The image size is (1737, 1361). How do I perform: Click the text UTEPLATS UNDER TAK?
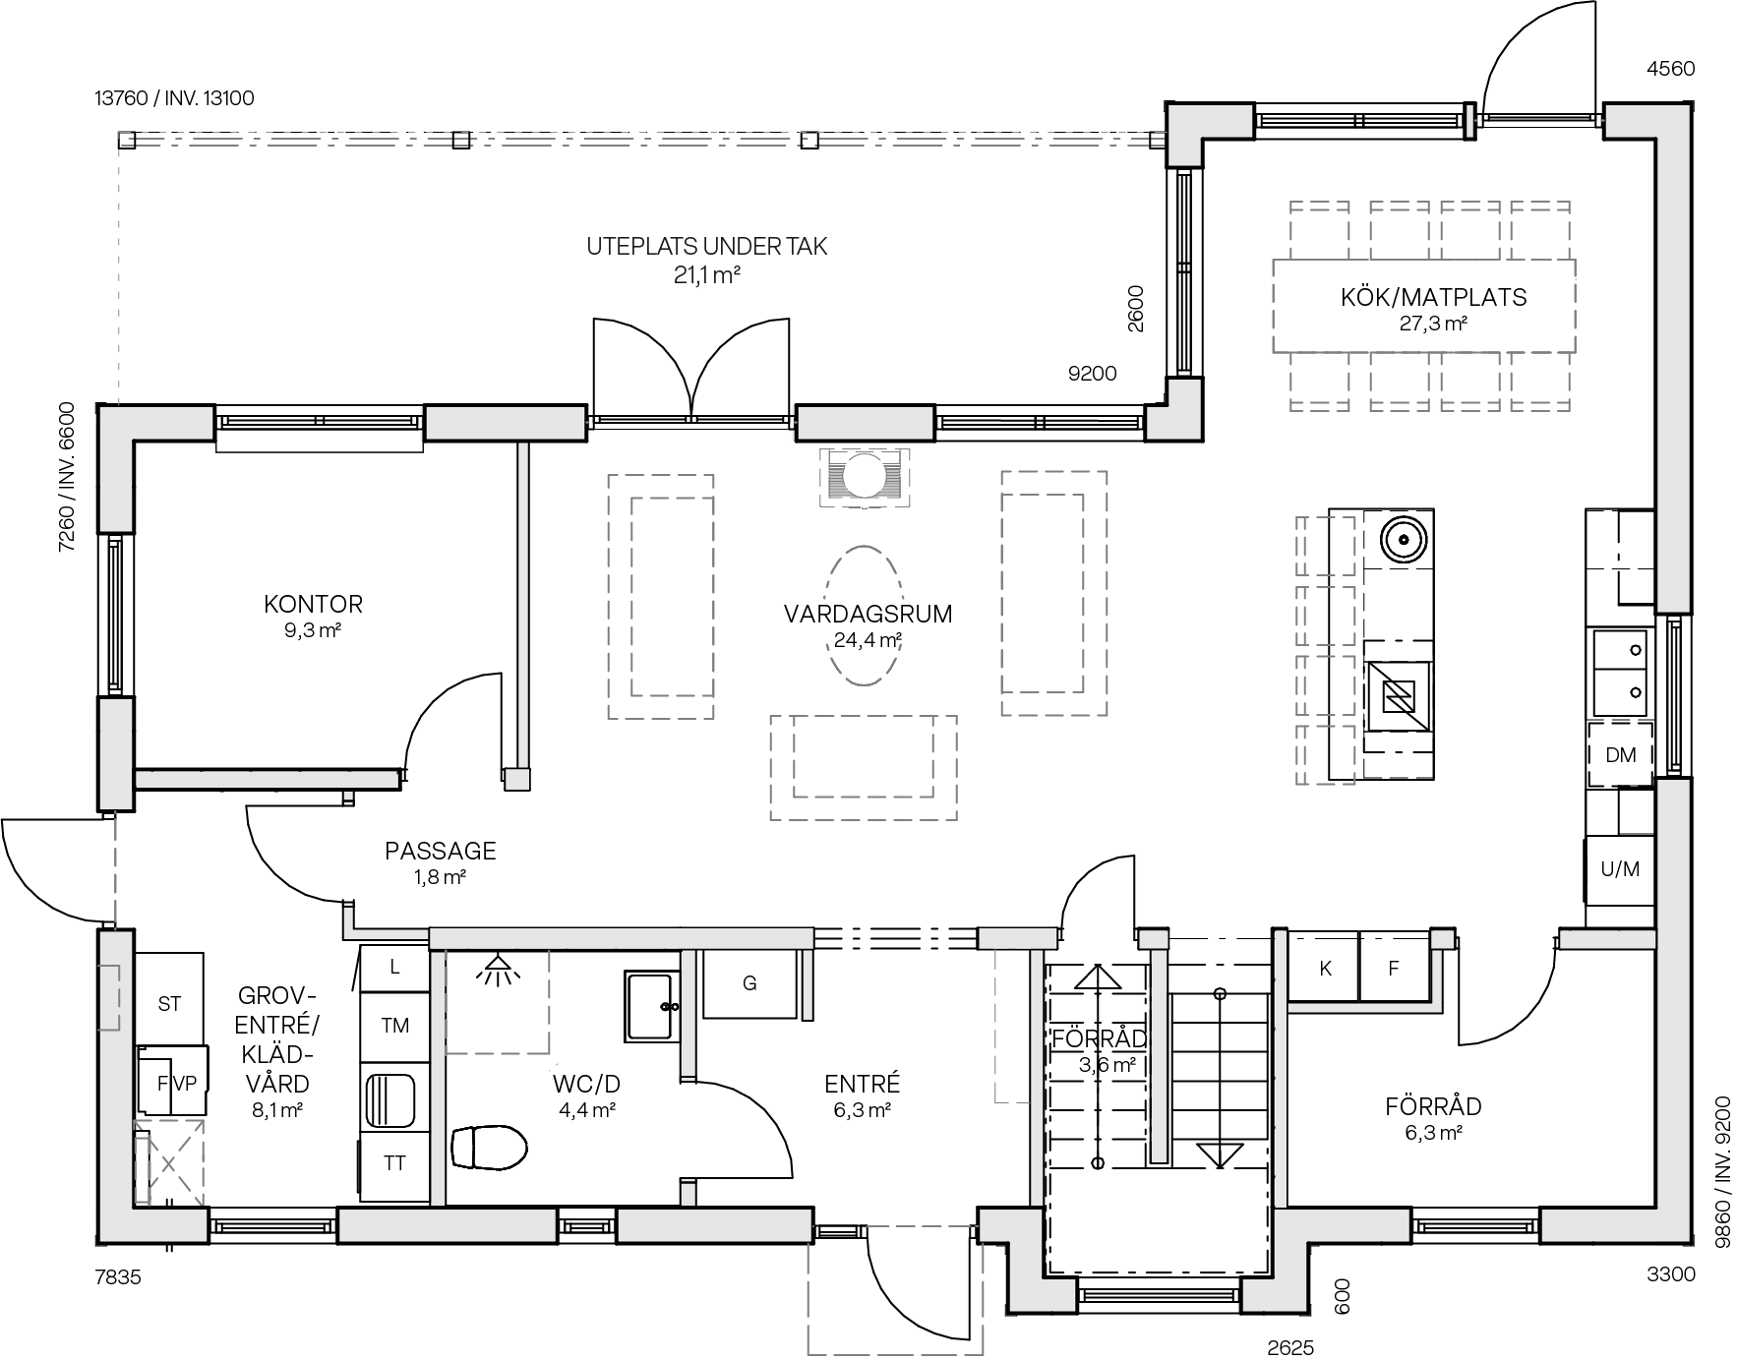[x=706, y=247]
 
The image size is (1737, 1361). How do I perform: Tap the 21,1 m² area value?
[x=706, y=276]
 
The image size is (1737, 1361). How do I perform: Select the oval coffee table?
[x=863, y=616]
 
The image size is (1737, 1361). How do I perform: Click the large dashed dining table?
[x=1423, y=306]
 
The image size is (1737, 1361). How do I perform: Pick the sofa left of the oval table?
[x=660, y=597]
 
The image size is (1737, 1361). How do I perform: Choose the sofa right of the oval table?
[x=1053, y=593]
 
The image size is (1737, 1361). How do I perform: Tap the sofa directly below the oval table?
[x=863, y=768]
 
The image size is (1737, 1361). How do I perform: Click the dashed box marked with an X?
[x=169, y=1163]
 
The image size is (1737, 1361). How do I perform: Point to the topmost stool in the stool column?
[x=1326, y=546]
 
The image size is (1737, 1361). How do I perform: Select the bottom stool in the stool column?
[x=1326, y=755]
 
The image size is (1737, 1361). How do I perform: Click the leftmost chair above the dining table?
[x=1319, y=231]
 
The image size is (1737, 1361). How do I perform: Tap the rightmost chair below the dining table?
[x=1539, y=382]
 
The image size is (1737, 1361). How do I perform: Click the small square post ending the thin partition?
[x=516, y=779]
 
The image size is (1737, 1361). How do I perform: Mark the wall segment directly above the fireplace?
[x=865, y=423]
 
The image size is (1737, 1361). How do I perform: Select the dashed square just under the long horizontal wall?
[x=497, y=1001]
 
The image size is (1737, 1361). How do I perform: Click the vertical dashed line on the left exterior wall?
[x=116, y=869]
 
